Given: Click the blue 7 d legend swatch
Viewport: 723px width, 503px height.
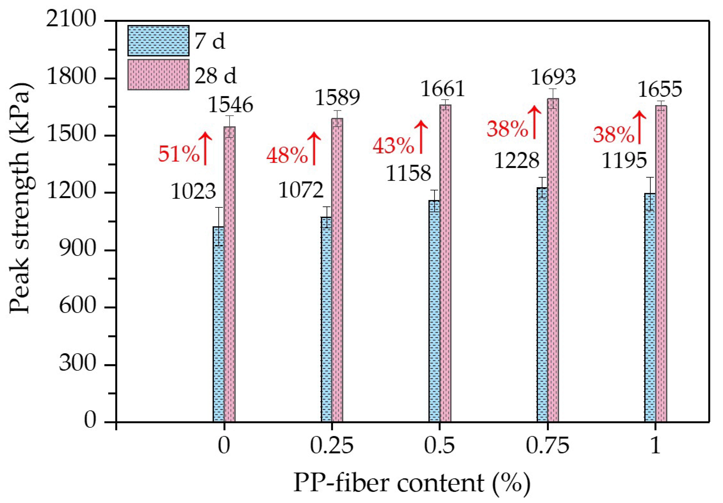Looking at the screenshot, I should pyautogui.click(x=158, y=41).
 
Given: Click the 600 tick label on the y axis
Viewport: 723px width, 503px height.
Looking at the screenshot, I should pyautogui.click(x=77, y=306).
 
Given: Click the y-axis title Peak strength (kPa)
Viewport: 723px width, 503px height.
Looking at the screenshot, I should pyautogui.click(x=19, y=199).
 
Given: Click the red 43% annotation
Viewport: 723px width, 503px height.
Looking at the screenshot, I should pyautogui.click(x=393, y=146).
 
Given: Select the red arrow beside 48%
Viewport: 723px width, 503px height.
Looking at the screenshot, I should pyautogui.click(x=314, y=149).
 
